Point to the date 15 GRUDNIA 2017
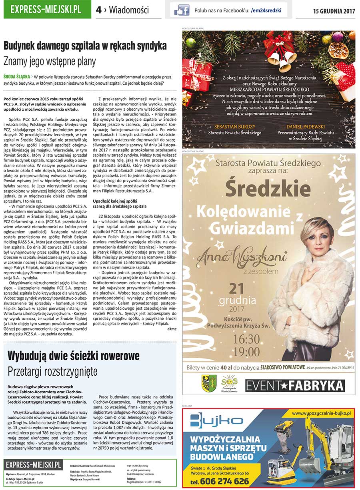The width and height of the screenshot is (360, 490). tap(334, 11)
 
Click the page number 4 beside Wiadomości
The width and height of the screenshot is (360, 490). tap(98, 10)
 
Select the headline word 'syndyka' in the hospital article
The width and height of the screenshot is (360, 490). tap(150, 46)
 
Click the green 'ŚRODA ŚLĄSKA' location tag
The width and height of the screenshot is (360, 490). tap(16, 76)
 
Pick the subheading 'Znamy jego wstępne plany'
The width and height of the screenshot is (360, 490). tap(50, 61)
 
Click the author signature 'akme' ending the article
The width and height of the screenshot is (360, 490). tap(172, 329)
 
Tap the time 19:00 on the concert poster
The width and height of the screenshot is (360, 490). tap(246, 352)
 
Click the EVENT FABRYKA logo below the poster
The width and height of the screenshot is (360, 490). tap(295, 386)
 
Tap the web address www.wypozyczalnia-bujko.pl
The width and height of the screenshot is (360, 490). tap(321, 412)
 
